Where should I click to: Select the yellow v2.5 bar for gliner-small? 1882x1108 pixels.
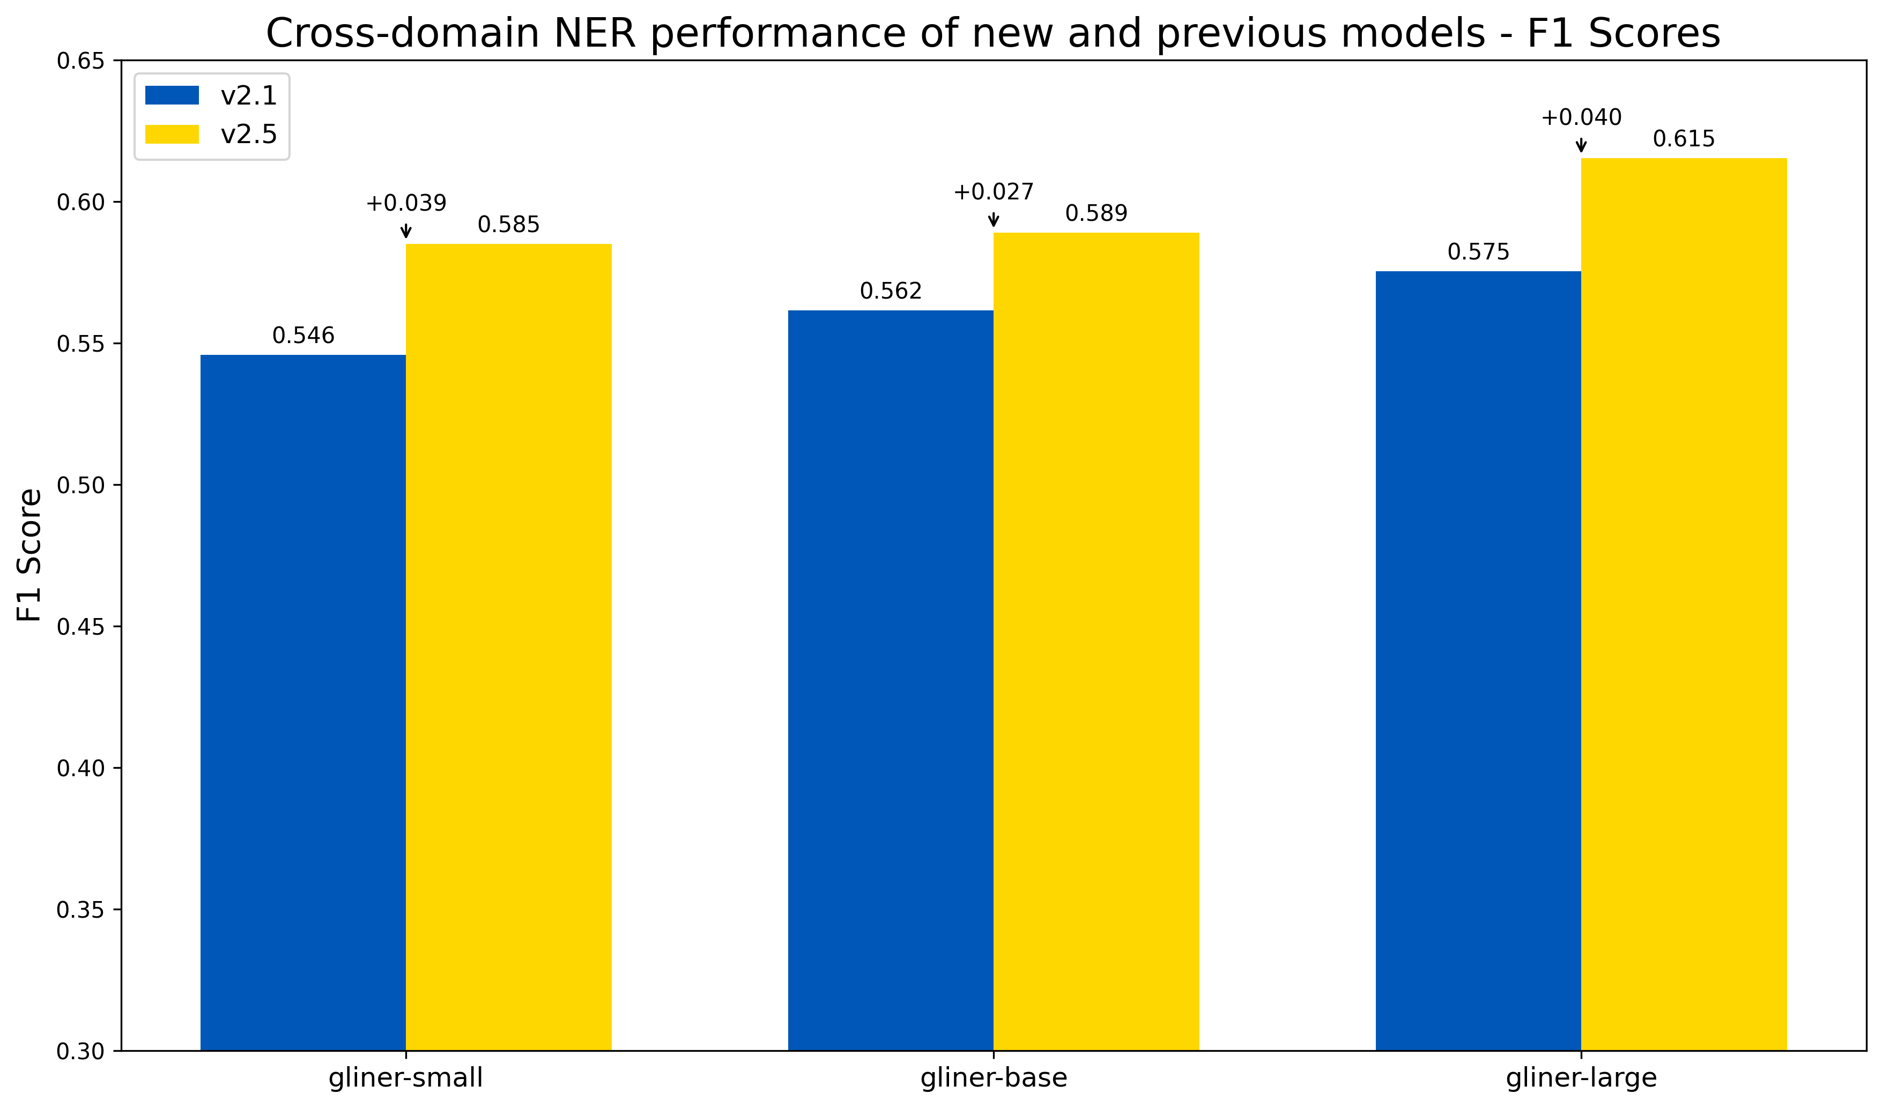(509, 646)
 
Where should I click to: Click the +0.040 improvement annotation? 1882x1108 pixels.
(1581, 118)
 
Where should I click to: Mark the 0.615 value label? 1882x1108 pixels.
(1684, 139)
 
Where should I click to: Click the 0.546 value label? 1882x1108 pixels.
(303, 336)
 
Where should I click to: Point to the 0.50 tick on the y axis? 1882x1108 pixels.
(80, 485)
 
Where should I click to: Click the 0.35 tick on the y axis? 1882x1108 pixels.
(80, 910)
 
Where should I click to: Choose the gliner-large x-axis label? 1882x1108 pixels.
(1581, 1078)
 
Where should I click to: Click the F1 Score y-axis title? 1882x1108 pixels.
(30, 555)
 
